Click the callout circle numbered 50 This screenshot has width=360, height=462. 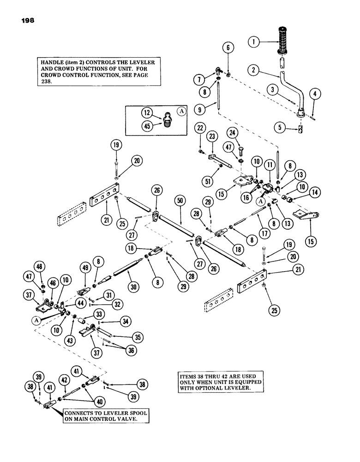pyautogui.click(x=180, y=201)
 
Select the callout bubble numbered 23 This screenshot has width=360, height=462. pyautogui.click(x=213, y=137)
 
